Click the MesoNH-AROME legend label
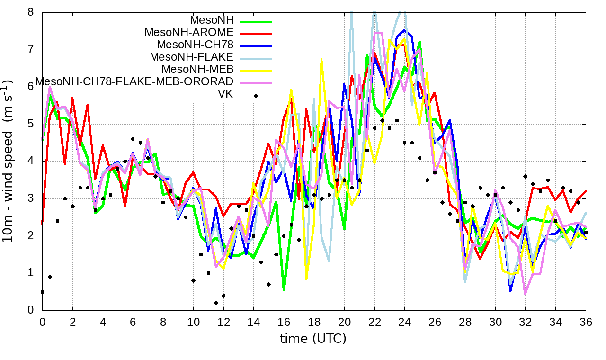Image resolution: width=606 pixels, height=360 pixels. click(189, 33)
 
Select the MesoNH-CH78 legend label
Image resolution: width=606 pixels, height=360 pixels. click(195, 45)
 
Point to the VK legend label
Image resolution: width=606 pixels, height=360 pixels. click(225, 94)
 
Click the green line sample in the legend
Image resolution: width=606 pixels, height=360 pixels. click(256, 21)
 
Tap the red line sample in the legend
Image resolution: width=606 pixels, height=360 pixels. click(256, 34)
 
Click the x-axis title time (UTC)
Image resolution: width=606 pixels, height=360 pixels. click(313, 339)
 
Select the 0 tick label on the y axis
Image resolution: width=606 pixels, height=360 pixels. click(30, 310)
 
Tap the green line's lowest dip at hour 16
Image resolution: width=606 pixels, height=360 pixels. click(284, 289)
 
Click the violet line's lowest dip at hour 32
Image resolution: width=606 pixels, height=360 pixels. click(525, 294)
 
